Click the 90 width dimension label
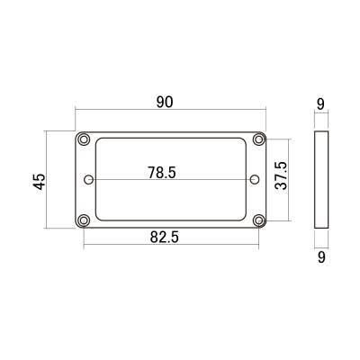(x=165, y=103)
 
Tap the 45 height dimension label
(x=40, y=182)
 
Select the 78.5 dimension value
(x=162, y=173)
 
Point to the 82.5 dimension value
(x=165, y=238)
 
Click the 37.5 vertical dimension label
(x=281, y=175)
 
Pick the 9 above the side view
(x=320, y=104)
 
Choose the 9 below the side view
(x=321, y=257)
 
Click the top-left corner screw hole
(x=84, y=139)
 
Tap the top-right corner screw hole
(x=258, y=139)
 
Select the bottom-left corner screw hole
(x=84, y=220)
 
